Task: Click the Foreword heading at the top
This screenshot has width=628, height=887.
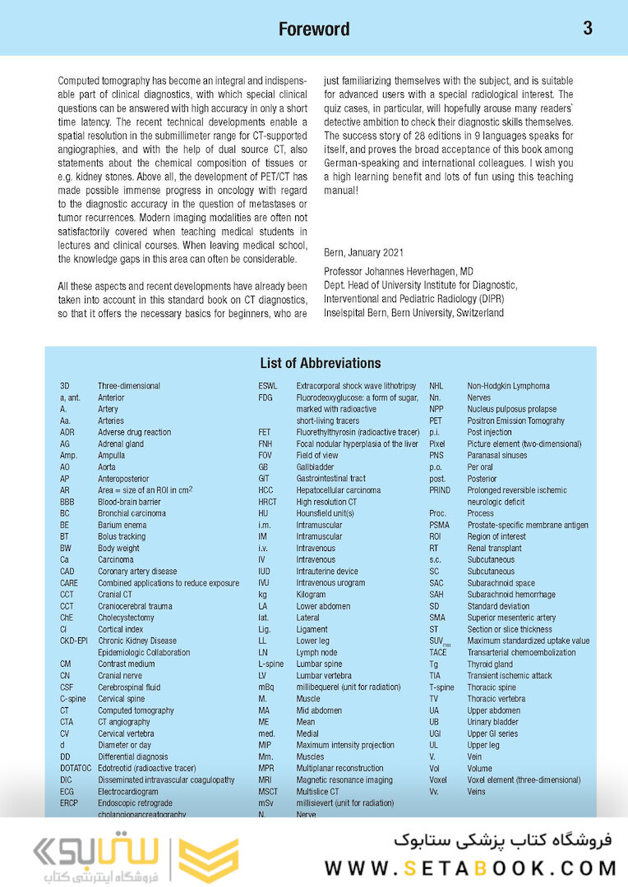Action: pyautogui.click(x=314, y=29)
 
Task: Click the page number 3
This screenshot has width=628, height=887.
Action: pyautogui.click(x=588, y=28)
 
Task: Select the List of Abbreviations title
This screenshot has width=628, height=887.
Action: pyautogui.click(x=321, y=363)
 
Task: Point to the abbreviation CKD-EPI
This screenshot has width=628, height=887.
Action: pyautogui.click(x=74, y=641)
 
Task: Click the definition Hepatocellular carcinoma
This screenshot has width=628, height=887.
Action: pyautogui.click(x=339, y=490)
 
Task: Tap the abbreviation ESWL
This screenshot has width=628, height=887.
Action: pyautogui.click(x=269, y=386)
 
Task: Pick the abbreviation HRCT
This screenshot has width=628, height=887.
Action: pyautogui.click(x=268, y=502)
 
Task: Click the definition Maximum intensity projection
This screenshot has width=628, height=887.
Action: pyautogui.click(x=345, y=746)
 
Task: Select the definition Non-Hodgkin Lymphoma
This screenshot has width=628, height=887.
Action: pyautogui.click(x=509, y=386)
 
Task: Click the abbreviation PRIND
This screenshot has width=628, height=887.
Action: pyautogui.click(x=441, y=490)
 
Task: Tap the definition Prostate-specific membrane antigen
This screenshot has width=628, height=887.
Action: pyautogui.click(x=528, y=525)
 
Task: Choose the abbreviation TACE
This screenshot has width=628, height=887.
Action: pyautogui.click(x=438, y=653)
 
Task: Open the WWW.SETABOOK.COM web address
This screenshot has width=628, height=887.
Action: pyautogui.click(x=470, y=868)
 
